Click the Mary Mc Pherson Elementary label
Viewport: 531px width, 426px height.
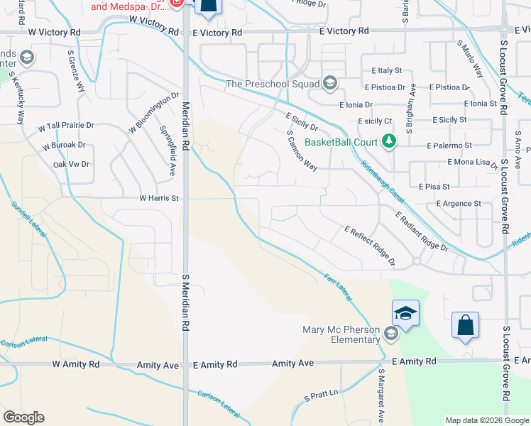[x=341, y=334]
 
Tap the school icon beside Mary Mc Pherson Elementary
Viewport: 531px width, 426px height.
[x=390, y=332]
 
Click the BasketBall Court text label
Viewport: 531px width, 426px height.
[x=341, y=142]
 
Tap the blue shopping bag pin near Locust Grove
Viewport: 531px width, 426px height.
[x=465, y=326]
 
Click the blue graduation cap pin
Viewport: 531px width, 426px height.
[x=405, y=313]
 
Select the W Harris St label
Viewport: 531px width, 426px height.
[x=159, y=198]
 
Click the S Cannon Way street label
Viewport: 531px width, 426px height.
[x=302, y=150]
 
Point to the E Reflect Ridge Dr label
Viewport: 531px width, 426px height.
[x=370, y=246]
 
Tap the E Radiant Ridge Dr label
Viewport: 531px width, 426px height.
[x=422, y=231]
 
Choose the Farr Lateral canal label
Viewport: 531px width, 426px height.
[x=338, y=285]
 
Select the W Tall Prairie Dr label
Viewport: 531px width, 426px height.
[x=66, y=126]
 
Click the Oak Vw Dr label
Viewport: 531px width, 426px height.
[x=72, y=164]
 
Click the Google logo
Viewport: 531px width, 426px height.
[x=23, y=417]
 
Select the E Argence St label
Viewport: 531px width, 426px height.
[x=459, y=204]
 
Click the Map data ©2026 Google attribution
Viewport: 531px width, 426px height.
[x=486, y=420]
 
